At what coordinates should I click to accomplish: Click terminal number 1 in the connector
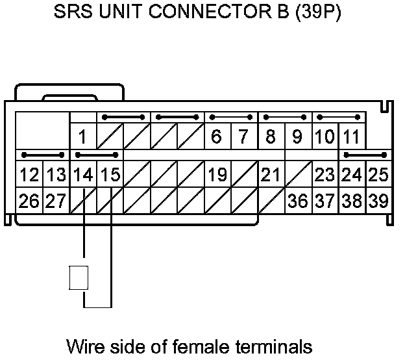click(x=83, y=137)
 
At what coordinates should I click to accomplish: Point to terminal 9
click(x=298, y=137)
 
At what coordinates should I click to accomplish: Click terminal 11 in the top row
click(x=351, y=137)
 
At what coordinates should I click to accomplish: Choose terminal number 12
click(x=29, y=175)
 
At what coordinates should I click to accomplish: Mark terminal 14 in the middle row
click(x=83, y=175)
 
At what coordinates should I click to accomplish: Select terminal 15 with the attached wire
click(x=110, y=175)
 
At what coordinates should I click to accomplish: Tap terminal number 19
click(x=217, y=175)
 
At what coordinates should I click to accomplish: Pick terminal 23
click(x=325, y=175)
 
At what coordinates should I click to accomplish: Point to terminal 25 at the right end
click(x=378, y=175)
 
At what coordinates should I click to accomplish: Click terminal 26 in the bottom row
click(x=29, y=201)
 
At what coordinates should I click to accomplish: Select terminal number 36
click(x=298, y=201)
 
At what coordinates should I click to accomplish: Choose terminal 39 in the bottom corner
click(x=378, y=201)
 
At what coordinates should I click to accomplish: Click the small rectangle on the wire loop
click(x=78, y=277)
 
